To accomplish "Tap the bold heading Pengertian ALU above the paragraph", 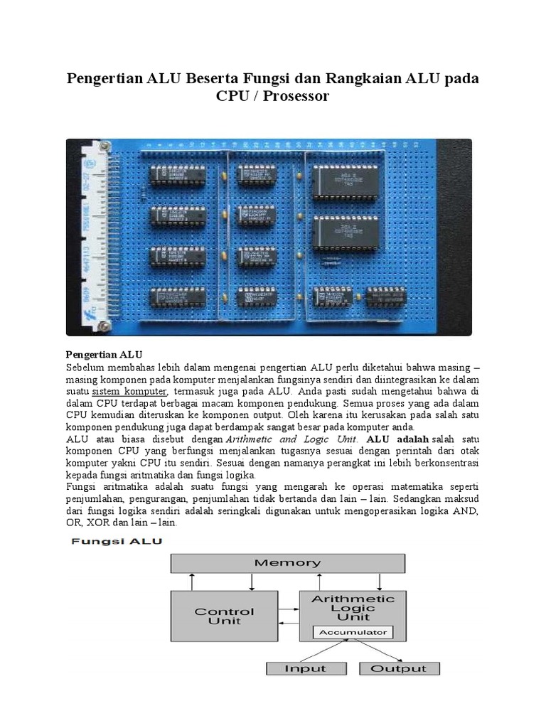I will tap(105, 354).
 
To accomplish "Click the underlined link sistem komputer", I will tap(129, 392).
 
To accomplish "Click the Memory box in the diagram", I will tap(287, 563).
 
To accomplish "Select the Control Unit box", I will tap(224, 616).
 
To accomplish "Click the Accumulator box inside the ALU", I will tap(353, 632).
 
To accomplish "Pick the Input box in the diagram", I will tap(305, 668).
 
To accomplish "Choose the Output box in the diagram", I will tap(398, 668).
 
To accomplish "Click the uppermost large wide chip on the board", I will tap(350, 179).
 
